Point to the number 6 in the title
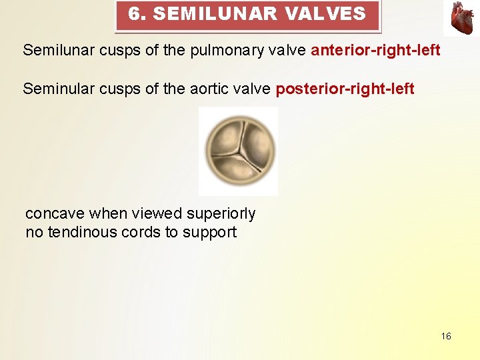coord(135,13)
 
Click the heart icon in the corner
coord(462,17)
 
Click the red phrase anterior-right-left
coord(375,50)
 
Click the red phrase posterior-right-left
coord(345,89)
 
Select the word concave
coord(55,214)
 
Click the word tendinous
coord(82,233)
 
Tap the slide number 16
coord(446,336)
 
